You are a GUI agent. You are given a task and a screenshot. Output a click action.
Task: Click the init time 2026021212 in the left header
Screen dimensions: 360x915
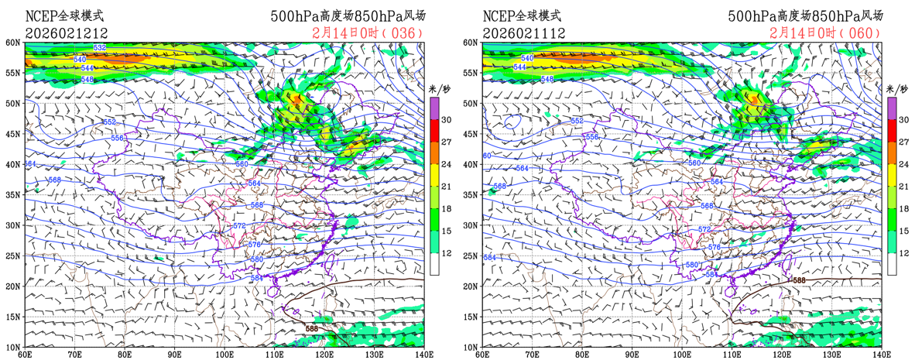[x=67, y=33]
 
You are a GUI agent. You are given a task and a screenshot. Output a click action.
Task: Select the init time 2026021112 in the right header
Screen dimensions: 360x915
[x=524, y=33]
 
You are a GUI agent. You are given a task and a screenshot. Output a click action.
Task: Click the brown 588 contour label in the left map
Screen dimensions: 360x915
[x=311, y=329]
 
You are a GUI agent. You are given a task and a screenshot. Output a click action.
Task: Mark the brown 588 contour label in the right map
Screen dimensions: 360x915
[x=799, y=280]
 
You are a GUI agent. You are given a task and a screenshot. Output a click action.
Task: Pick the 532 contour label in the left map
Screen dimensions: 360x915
[x=100, y=48]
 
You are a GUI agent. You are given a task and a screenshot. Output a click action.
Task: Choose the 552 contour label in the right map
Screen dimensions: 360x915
[x=577, y=122]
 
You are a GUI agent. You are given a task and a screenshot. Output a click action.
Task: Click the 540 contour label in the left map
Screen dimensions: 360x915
[x=80, y=60]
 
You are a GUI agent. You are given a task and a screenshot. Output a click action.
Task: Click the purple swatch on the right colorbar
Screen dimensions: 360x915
[x=892, y=106]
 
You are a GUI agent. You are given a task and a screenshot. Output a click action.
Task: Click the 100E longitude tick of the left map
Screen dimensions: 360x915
[x=224, y=354]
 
